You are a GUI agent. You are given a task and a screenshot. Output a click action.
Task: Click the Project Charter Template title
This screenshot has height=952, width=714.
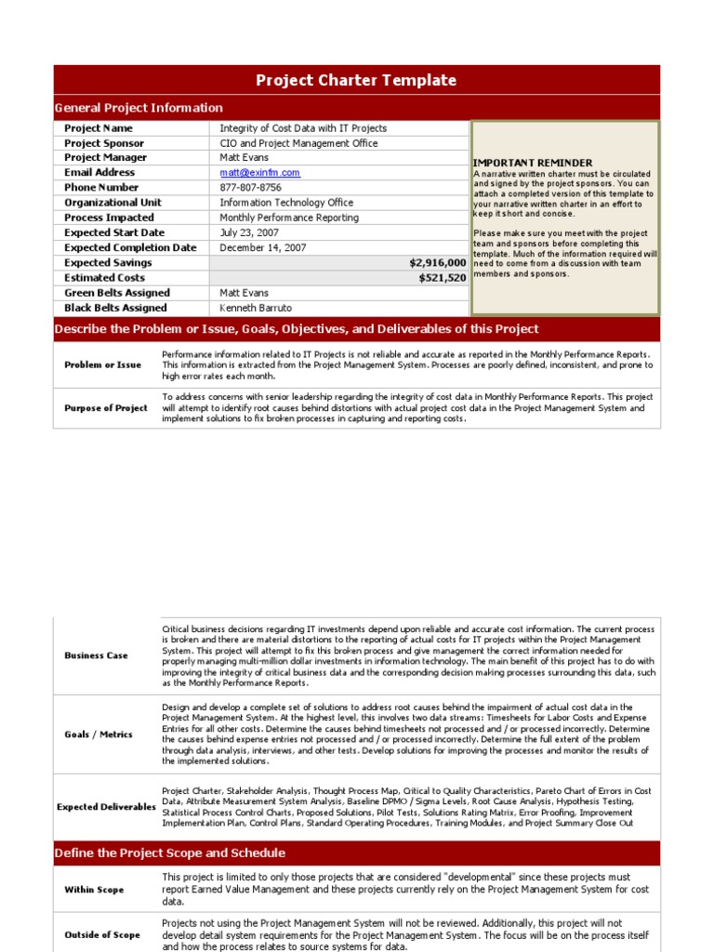tap(356, 80)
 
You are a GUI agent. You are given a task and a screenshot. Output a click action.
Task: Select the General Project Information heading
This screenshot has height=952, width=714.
tap(139, 108)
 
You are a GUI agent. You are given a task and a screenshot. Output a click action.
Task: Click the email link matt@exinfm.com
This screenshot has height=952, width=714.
tap(259, 173)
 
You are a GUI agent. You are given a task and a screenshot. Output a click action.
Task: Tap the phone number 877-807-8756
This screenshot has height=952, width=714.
tap(250, 188)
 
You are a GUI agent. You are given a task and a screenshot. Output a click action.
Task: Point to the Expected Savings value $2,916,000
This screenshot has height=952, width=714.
tap(437, 263)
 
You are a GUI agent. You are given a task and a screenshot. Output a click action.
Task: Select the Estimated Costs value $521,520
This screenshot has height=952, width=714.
tap(443, 278)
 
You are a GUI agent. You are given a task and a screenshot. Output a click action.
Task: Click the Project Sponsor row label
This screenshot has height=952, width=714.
tap(104, 143)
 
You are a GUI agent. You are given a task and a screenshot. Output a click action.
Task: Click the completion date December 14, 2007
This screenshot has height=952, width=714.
tap(263, 248)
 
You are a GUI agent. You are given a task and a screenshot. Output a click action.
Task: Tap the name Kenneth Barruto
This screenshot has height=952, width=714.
tap(256, 308)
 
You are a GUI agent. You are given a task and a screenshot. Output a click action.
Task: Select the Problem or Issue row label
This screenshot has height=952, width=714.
tap(102, 365)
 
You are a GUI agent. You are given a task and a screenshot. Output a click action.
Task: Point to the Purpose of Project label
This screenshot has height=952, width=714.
tap(105, 408)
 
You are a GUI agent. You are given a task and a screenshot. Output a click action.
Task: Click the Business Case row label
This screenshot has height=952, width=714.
tap(96, 655)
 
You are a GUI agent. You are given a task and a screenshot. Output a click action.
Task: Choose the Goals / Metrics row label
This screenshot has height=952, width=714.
tap(99, 734)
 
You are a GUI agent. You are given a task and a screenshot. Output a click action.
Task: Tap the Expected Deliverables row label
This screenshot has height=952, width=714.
tap(106, 807)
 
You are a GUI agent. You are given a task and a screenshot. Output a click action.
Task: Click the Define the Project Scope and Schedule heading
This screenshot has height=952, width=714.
tap(170, 853)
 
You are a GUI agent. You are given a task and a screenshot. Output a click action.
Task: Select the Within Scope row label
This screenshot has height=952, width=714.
tap(94, 890)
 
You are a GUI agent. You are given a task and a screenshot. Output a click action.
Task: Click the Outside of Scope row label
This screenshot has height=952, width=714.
tap(101, 935)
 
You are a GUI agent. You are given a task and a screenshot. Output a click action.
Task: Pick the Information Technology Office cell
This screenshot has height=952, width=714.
tap(286, 203)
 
